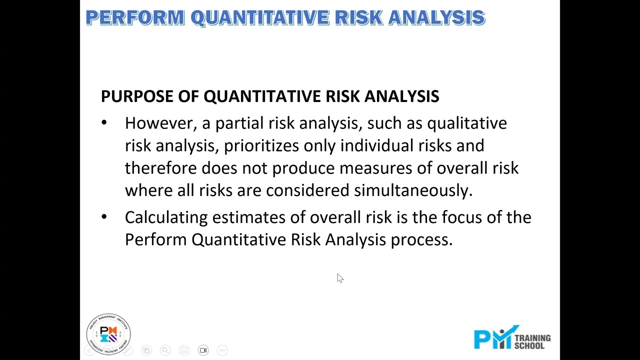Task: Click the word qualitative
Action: point(466,123)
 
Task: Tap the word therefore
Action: point(161,168)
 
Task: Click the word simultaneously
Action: point(413,190)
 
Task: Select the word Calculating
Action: point(166,217)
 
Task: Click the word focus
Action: point(460,217)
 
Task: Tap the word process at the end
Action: point(421,240)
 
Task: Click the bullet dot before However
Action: point(104,123)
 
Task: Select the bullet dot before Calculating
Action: point(104,217)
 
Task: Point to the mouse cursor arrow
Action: point(339,278)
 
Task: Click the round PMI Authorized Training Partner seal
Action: point(108,334)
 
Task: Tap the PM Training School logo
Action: point(512,338)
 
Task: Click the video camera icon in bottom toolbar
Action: point(203,350)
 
